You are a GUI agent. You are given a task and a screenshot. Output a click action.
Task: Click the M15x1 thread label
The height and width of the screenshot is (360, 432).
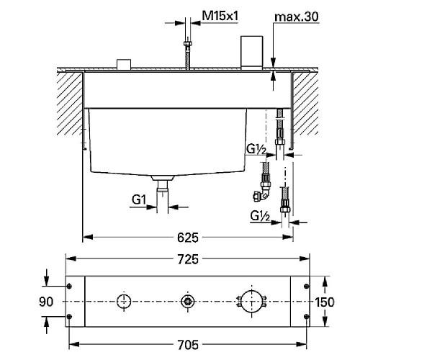(220, 15)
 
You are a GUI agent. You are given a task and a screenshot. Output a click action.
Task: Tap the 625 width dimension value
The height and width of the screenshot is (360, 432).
(188, 236)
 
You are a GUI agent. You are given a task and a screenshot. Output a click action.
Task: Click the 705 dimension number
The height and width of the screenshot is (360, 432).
(189, 344)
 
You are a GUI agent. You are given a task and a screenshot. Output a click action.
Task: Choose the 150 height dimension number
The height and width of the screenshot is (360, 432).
(325, 302)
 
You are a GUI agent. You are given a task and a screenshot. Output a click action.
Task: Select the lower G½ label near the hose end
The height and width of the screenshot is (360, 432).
(260, 215)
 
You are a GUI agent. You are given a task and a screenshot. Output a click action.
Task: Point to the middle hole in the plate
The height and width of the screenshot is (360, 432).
(188, 301)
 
